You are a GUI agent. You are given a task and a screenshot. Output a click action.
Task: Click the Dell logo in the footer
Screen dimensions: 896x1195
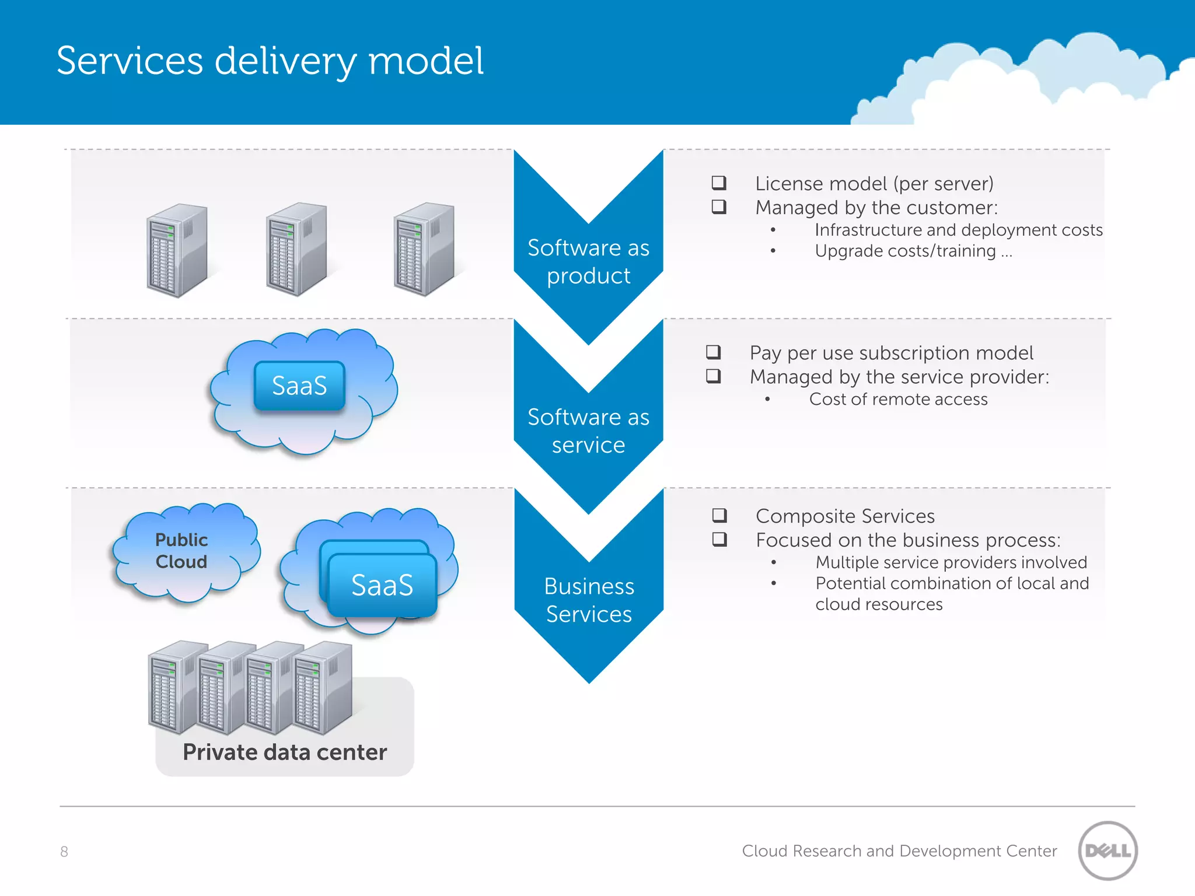coord(1107,850)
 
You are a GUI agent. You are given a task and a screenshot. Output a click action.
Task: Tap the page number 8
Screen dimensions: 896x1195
coord(64,852)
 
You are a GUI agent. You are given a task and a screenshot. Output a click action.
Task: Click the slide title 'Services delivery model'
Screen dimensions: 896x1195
coord(270,61)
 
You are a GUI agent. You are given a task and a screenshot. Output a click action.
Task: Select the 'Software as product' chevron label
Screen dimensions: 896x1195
coord(588,261)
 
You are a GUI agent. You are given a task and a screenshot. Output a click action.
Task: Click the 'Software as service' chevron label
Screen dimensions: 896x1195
coord(588,430)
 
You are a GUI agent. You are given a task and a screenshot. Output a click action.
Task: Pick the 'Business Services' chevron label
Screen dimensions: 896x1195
coord(589,600)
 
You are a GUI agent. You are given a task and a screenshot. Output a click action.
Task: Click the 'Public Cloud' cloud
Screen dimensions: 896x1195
coord(182,551)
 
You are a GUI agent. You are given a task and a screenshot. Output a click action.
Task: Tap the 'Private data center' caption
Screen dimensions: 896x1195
coord(285,752)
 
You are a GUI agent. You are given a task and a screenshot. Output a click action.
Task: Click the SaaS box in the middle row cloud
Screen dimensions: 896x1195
coord(299,386)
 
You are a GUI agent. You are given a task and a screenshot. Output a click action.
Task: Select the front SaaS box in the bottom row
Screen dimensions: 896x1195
coord(382,585)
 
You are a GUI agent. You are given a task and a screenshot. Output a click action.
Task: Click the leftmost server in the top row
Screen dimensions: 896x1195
coord(177,250)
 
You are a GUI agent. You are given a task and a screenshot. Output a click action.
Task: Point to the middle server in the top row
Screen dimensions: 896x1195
coord(296,249)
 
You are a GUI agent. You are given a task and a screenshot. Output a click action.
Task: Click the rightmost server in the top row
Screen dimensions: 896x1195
coord(424,249)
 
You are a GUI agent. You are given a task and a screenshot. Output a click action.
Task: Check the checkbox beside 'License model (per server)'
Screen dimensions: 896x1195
coord(719,183)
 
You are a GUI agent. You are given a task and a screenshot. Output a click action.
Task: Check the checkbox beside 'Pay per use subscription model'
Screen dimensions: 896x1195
coord(713,352)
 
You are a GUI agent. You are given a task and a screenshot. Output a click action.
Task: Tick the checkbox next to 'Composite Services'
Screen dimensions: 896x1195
coord(719,516)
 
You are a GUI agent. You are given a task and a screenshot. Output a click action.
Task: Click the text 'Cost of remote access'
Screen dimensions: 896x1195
coord(898,400)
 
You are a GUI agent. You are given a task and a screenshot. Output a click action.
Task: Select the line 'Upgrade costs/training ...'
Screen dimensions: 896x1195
coord(913,251)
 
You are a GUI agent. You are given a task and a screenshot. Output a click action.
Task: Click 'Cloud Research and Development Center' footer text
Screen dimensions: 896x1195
coord(899,851)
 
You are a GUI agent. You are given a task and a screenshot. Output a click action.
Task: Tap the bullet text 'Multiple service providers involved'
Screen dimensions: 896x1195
coord(951,562)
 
